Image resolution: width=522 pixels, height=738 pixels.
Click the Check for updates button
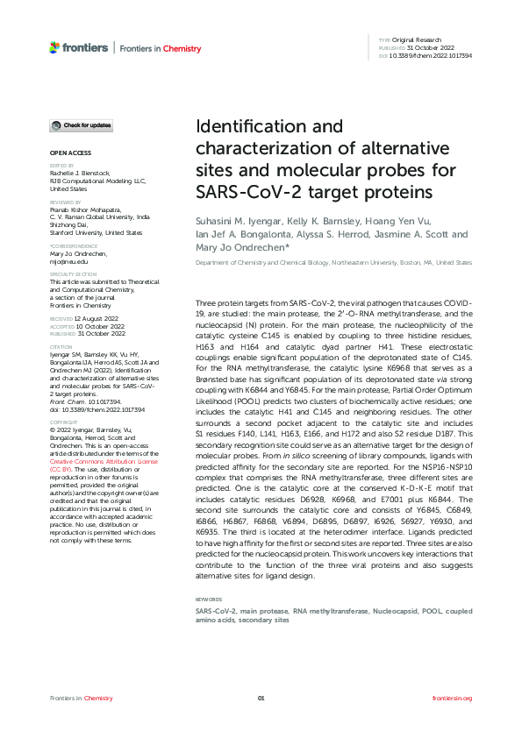click(x=81, y=126)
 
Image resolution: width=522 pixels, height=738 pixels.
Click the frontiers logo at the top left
click(x=79, y=47)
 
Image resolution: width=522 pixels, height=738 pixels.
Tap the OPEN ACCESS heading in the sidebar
click(x=64, y=153)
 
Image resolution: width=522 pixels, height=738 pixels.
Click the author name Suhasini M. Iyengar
click(x=237, y=224)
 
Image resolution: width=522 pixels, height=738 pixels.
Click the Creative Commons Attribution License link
click(x=91, y=459)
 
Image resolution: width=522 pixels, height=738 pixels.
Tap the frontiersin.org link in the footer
click(x=453, y=698)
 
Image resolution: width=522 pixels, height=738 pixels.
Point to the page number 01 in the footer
click(x=261, y=698)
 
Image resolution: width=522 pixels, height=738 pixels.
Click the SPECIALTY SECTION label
click(x=69, y=273)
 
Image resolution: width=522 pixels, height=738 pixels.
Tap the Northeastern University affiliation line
click(x=333, y=263)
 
